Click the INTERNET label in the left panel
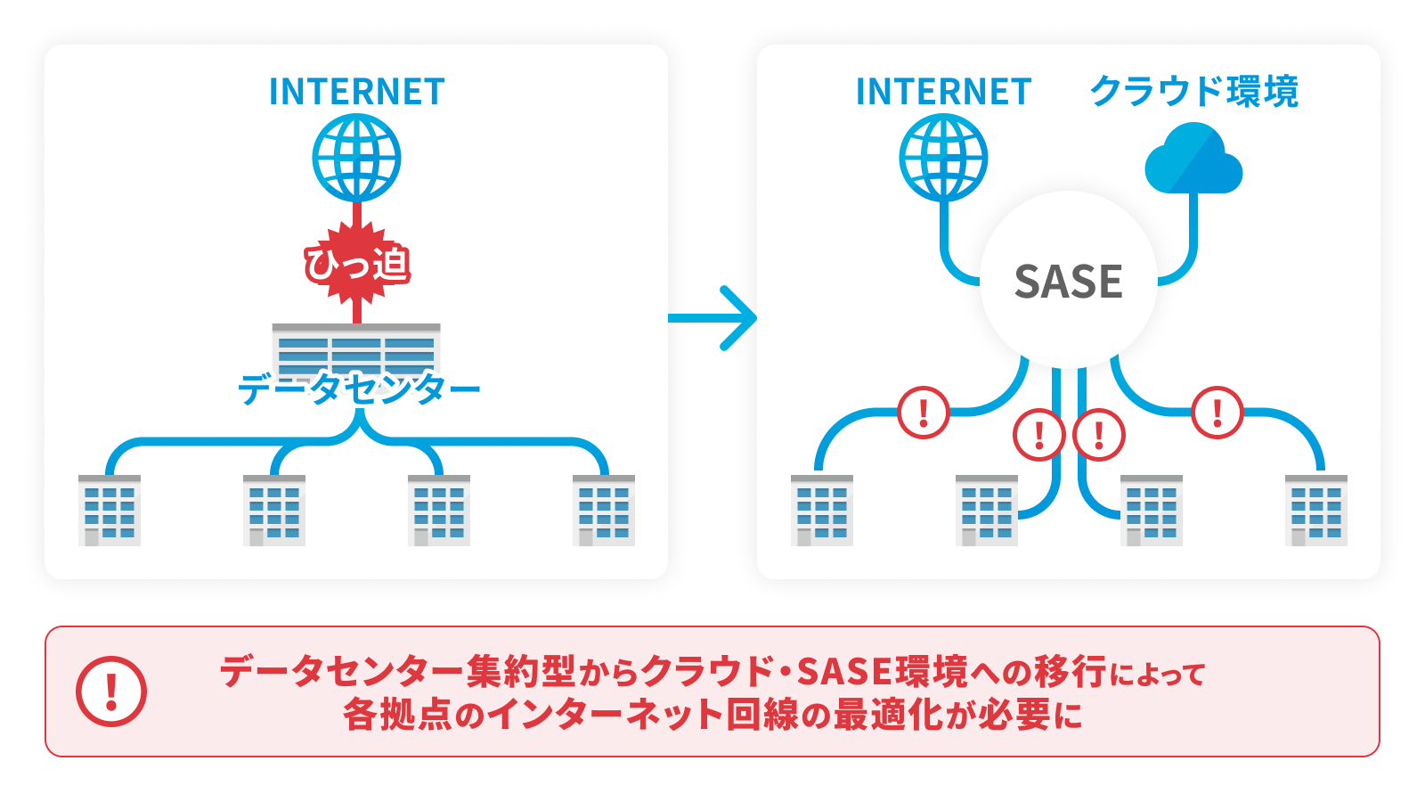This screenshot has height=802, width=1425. pyautogui.click(x=356, y=92)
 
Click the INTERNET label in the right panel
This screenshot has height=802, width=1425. pyautogui.click(x=943, y=92)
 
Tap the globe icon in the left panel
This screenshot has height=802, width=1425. pyautogui.click(x=356, y=159)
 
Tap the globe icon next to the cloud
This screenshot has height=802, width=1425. pyautogui.click(x=943, y=159)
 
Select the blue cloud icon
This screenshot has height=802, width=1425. pyautogui.click(x=1193, y=160)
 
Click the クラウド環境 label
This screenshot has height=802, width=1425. pyautogui.click(x=1193, y=92)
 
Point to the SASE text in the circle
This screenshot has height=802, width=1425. pyautogui.click(x=1068, y=282)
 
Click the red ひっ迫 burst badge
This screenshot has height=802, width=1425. pyautogui.click(x=357, y=264)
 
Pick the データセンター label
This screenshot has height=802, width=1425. pyautogui.click(x=359, y=389)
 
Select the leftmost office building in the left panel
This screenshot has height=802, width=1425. pyautogui.click(x=110, y=510)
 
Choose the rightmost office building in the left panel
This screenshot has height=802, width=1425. pyautogui.click(x=604, y=510)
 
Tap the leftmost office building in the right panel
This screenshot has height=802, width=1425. pyautogui.click(x=822, y=510)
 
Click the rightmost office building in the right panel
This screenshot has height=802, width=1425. pyautogui.click(x=1315, y=510)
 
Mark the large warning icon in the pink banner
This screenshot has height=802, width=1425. pyautogui.click(x=111, y=692)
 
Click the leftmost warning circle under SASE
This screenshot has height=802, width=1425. pyautogui.click(x=924, y=413)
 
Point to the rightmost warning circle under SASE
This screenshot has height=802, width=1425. pyautogui.click(x=1217, y=413)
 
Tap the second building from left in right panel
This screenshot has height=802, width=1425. pyautogui.click(x=987, y=510)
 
